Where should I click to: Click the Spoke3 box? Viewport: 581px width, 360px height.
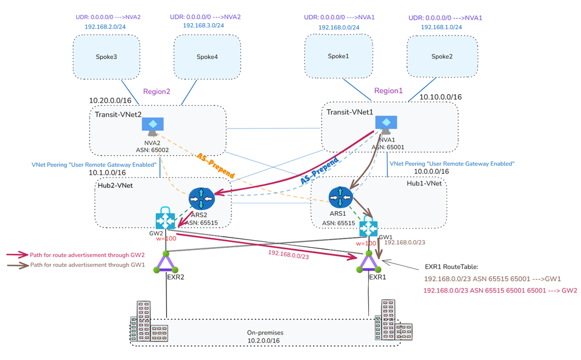pos(106,56)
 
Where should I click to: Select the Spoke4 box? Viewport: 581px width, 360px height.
pos(207,56)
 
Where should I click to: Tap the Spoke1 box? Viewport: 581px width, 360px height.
pos(339,56)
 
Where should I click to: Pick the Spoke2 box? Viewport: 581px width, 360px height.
pos(442,57)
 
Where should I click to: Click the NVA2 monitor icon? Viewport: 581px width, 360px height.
pos(152,126)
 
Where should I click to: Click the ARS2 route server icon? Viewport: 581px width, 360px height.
pos(201,198)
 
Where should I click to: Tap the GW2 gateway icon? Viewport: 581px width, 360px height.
pos(165,219)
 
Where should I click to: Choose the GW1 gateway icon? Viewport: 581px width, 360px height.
pos(368,227)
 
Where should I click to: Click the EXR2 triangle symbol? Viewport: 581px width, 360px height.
pos(166,263)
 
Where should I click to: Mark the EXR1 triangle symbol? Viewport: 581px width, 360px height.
pos(368,263)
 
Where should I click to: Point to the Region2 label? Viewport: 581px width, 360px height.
pos(156,91)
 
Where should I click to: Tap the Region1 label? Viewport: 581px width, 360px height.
pos(388,91)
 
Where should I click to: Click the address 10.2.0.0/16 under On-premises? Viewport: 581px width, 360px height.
pos(263,340)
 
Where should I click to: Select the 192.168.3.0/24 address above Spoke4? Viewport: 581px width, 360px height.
pos(205,26)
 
